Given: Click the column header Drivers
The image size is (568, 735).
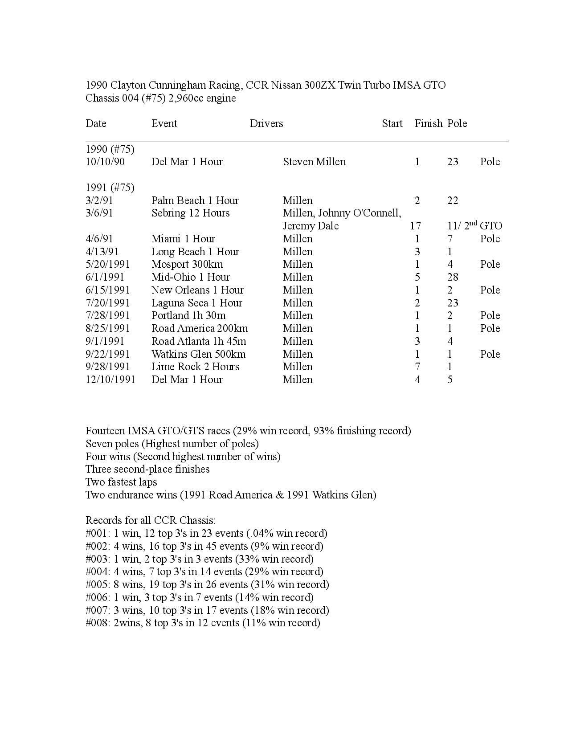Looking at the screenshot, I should point(266,123).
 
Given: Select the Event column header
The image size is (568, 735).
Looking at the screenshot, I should point(164,123).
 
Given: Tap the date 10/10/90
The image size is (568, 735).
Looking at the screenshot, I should point(105,162).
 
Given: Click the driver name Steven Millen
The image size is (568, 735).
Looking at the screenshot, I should point(314,162).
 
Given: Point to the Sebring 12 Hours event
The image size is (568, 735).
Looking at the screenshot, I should point(190,213).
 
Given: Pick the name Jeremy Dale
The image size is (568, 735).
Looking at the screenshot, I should point(311,226).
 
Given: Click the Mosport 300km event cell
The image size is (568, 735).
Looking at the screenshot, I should point(187,264).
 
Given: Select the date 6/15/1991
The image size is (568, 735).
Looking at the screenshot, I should point(108,290).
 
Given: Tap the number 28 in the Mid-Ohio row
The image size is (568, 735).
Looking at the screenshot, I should point(453,277).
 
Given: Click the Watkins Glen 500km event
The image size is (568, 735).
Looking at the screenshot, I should point(198,354).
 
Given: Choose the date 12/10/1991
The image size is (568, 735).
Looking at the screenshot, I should point(110,380).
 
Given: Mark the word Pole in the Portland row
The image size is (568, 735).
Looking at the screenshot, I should point(490,315).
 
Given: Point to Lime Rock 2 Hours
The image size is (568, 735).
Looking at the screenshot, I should point(195,367).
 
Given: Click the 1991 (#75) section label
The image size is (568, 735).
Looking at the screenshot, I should point(110,188).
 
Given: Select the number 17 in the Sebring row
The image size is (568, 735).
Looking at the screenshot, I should point(415,226).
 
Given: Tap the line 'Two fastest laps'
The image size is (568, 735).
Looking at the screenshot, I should point(121,482).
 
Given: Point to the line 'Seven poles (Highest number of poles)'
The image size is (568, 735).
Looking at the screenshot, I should point(172,444).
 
